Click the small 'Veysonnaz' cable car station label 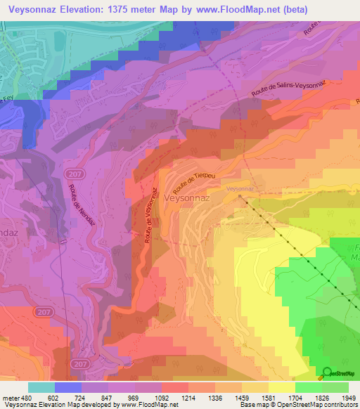point(239,189)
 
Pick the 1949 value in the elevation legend point(348,397)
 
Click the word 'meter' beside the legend point(9,397)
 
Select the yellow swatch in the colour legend point(281,387)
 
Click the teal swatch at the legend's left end point(41,387)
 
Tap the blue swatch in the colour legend point(68,387)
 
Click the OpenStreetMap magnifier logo point(327,372)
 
